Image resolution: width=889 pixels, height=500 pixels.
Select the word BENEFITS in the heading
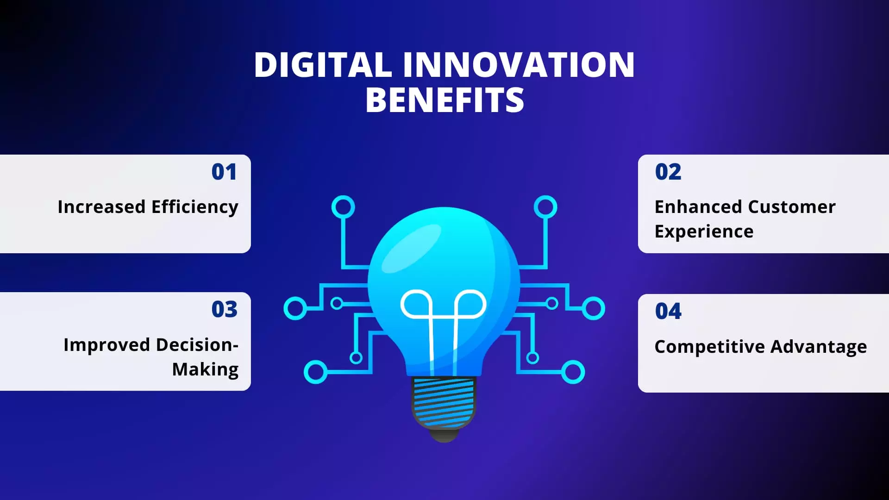[x=444, y=100]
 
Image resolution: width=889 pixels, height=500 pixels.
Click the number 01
[x=224, y=172]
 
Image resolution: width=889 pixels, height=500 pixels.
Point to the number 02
[x=668, y=172]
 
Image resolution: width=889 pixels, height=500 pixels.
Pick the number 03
[x=224, y=309]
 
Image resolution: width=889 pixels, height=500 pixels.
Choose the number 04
[x=668, y=311]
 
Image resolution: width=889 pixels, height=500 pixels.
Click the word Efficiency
[x=194, y=207]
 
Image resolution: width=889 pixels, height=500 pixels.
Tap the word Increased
[x=101, y=207]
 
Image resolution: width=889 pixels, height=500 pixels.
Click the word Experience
[x=704, y=231]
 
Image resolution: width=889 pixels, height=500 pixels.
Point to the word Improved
[x=106, y=345]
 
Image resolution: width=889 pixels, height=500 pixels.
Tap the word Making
[x=205, y=369]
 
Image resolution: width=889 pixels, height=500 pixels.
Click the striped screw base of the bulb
[x=444, y=402]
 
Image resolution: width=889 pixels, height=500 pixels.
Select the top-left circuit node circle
[x=343, y=207]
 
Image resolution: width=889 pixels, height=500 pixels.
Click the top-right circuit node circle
[x=545, y=207]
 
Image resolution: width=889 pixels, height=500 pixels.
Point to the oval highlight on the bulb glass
[x=412, y=248]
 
